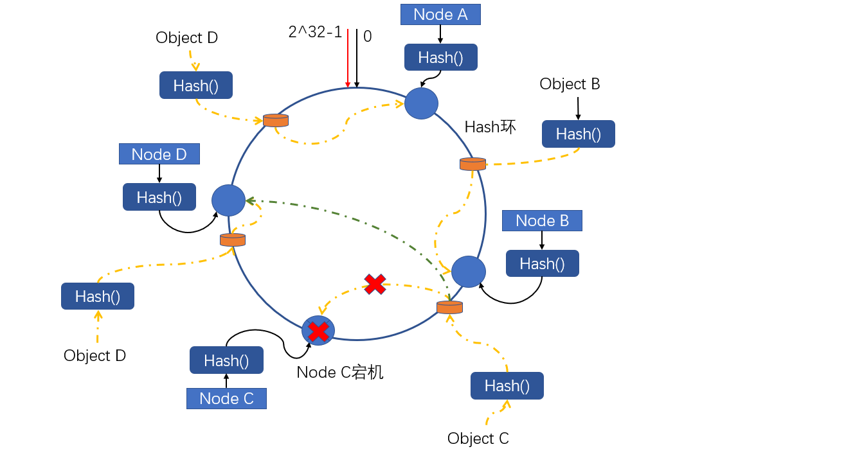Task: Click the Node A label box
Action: [440, 14]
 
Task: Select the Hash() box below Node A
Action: [440, 57]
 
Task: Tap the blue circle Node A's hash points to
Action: [421, 103]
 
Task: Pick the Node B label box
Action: [542, 220]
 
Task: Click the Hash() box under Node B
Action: [542, 263]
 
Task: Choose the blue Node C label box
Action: [226, 398]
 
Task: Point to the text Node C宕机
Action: [340, 372]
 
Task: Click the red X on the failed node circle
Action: [318, 331]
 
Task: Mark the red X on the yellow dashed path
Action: [375, 284]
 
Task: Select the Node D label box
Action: [159, 154]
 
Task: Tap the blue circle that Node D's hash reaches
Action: [228, 200]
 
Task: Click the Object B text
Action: [570, 84]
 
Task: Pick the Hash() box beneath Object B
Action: [578, 134]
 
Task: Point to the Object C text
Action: [478, 439]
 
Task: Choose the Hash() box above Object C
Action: [507, 385]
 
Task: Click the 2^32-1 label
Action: [315, 32]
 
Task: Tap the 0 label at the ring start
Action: [368, 36]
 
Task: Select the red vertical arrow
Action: [348, 58]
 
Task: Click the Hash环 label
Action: [490, 127]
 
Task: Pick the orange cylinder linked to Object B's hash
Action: [473, 164]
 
